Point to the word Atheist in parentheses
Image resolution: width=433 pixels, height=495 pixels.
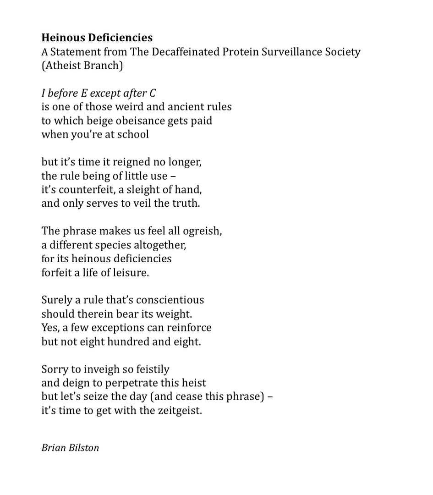click(61, 65)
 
